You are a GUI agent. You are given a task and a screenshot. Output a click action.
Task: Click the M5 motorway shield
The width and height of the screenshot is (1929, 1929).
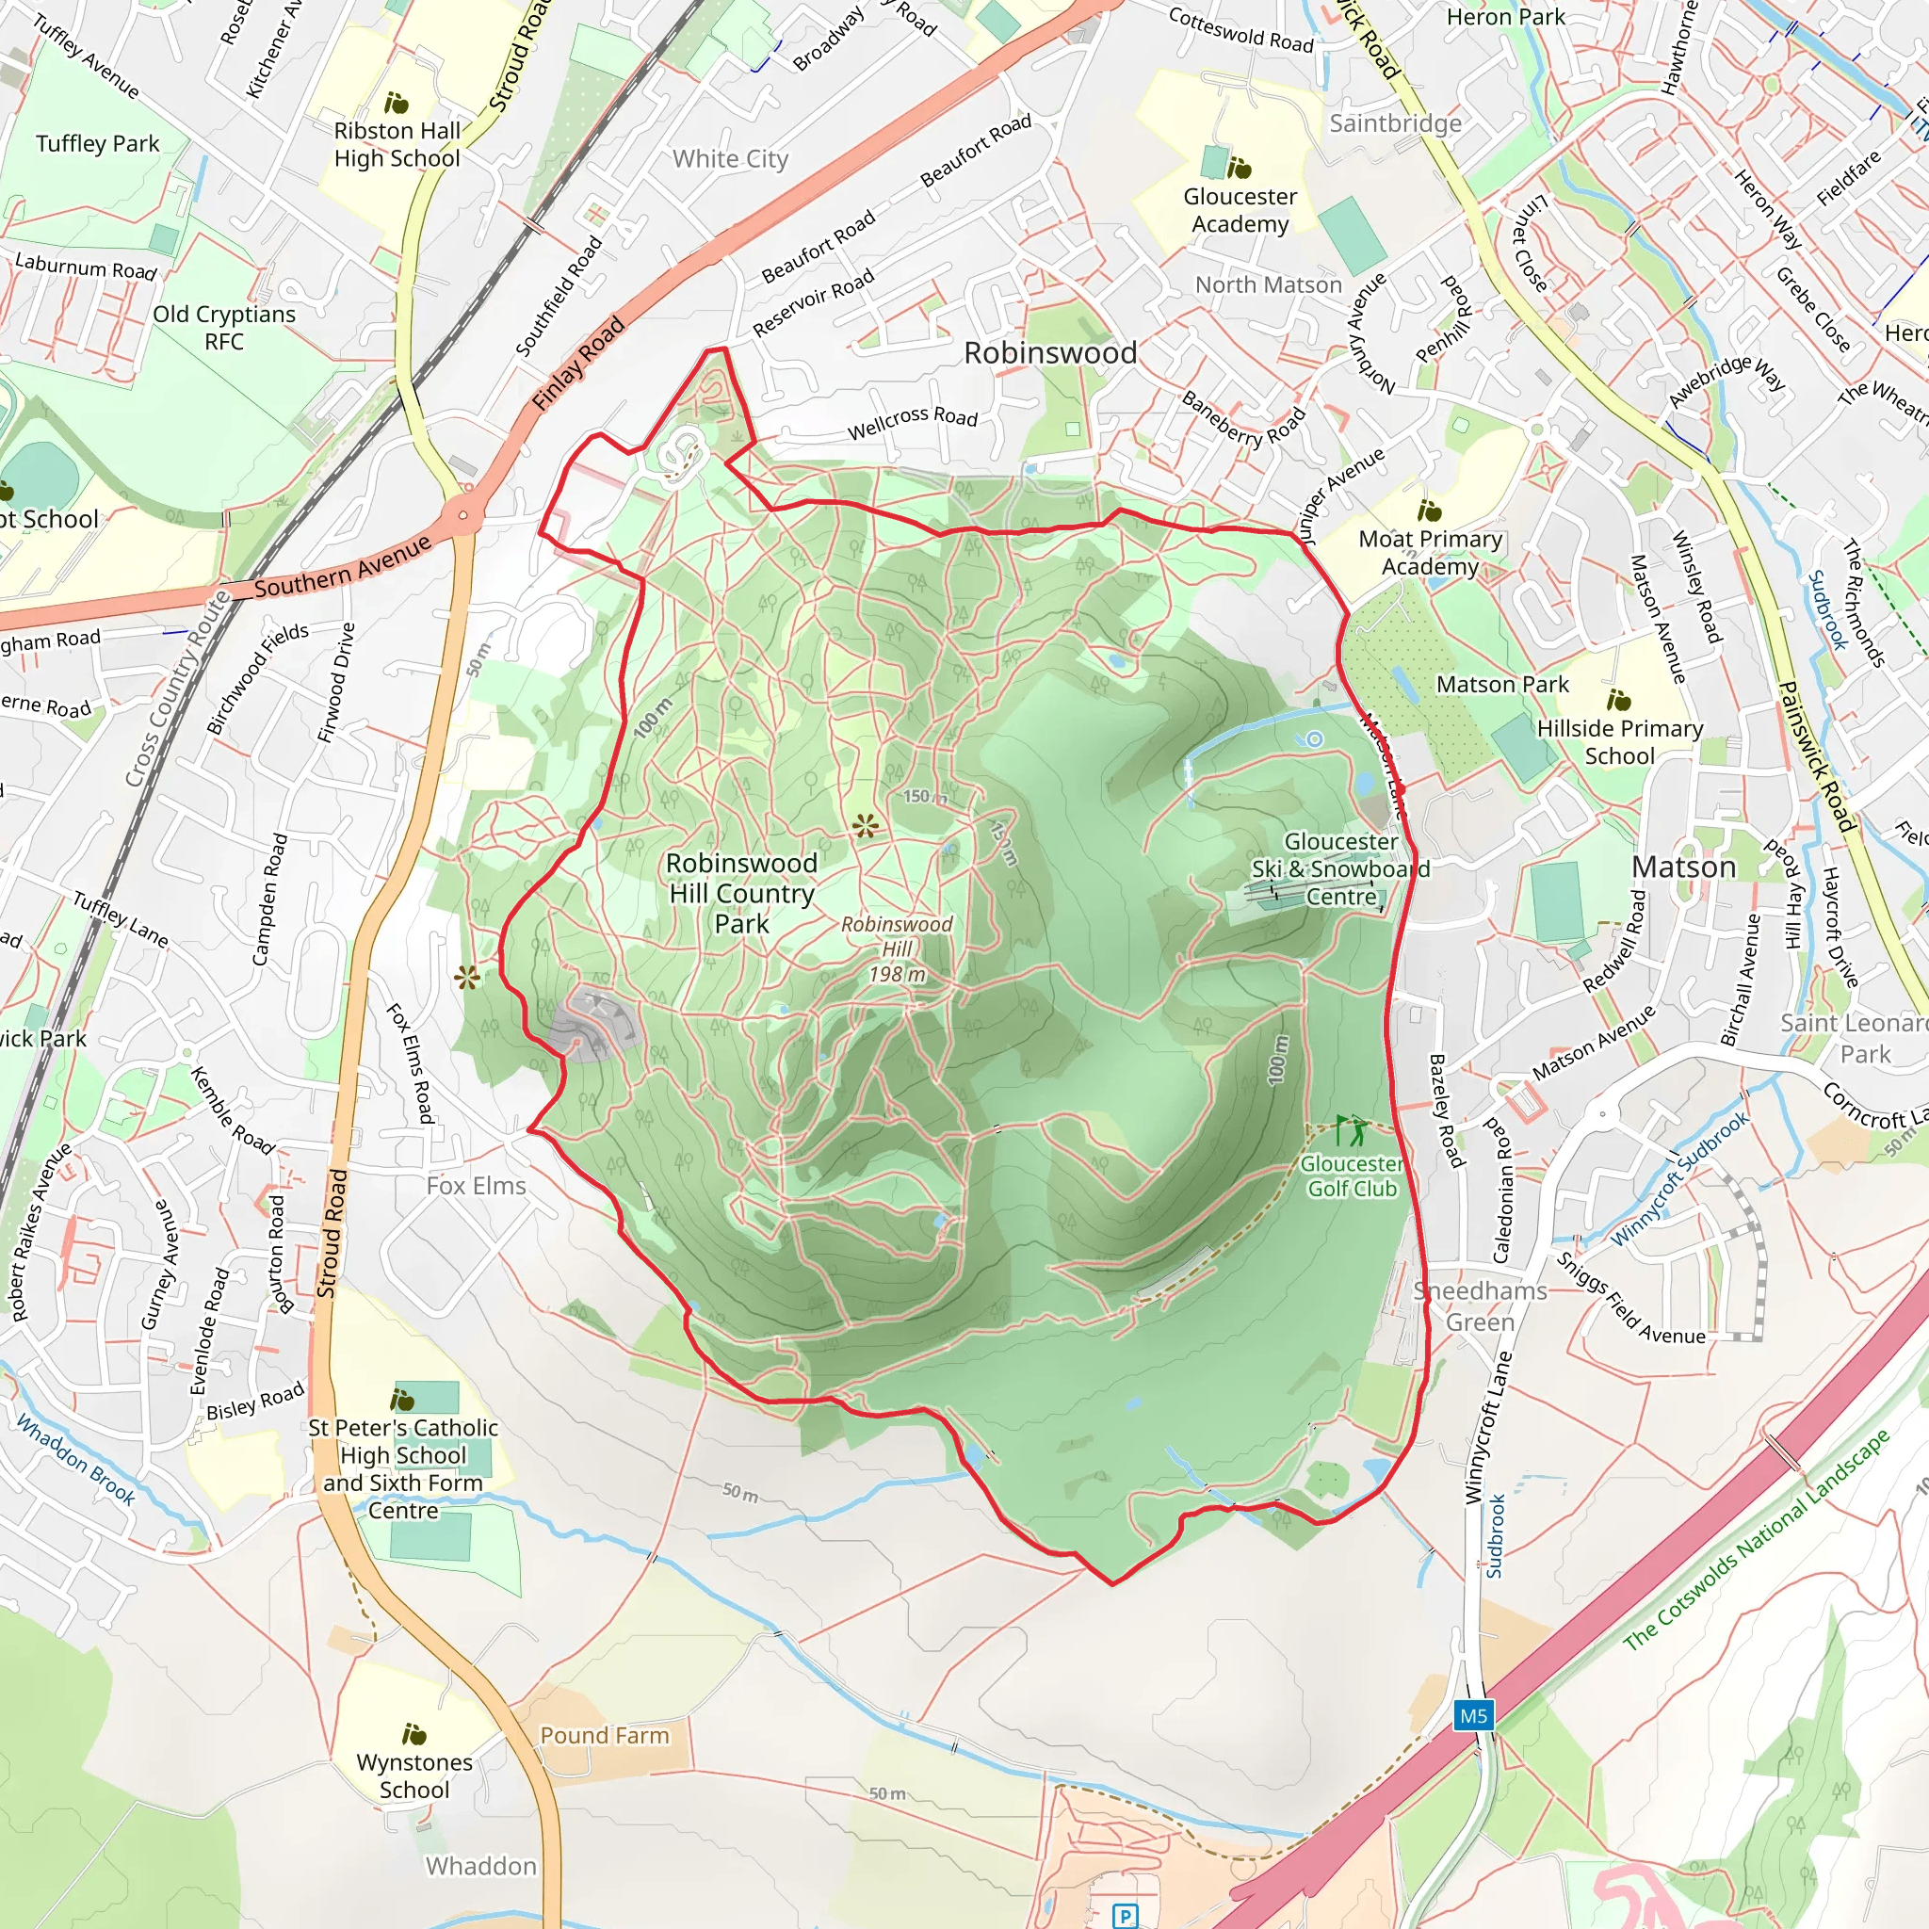tap(1473, 1716)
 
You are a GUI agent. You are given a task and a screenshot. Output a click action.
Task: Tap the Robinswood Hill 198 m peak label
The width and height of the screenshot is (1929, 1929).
tap(897, 949)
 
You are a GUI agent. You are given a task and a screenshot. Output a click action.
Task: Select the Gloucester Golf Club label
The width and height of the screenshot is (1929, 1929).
tap(1351, 1176)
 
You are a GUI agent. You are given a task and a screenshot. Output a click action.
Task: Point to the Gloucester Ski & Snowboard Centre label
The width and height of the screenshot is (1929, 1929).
tap(1341, 868)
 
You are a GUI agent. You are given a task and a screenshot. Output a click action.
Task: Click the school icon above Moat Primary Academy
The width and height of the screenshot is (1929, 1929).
tap(1429, 511)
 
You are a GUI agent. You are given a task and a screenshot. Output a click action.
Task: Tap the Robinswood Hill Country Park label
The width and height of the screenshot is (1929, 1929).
tap(742, 893)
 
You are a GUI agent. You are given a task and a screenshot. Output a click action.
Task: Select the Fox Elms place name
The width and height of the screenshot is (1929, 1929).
tap(476, 1185)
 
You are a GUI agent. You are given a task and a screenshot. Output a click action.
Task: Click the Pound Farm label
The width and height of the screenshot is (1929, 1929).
tap(604, 1735)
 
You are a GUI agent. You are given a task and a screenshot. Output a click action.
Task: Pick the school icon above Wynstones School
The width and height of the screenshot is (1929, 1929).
tap(413, 1733)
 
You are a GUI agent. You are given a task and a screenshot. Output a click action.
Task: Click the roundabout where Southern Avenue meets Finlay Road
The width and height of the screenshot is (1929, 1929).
tap(462, 515)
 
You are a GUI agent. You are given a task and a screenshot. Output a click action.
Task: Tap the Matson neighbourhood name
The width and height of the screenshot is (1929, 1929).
tap(1683, 867)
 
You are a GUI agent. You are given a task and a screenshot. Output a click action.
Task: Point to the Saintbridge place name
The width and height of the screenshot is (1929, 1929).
tap(1395, 122)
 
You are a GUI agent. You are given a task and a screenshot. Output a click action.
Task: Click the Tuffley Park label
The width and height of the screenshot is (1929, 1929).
tap(98, 143)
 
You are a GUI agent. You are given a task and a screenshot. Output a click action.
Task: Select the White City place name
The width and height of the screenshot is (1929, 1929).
tap(730, 159)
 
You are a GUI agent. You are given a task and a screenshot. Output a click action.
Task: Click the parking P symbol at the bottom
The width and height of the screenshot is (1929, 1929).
tap(1126, 1915)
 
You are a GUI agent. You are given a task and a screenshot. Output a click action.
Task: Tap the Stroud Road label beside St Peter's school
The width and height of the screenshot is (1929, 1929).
tap(332, 1233)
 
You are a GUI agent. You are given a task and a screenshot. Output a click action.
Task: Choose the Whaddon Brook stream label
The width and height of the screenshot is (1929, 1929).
tap(76, 1460)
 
